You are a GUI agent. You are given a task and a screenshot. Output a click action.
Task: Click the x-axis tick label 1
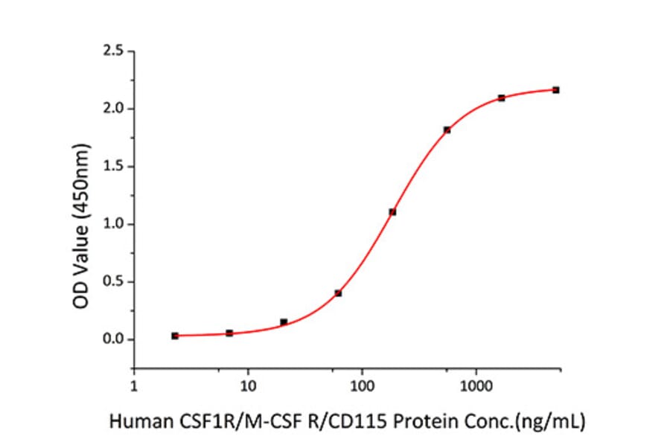[134, 385]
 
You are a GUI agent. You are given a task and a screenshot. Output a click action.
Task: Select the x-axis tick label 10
[248, 385]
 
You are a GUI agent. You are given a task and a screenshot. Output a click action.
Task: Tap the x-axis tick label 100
[362, 385]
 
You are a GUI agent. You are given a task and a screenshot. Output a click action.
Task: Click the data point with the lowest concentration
[175, 336]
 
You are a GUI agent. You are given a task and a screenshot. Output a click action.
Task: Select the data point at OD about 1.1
[392, 212]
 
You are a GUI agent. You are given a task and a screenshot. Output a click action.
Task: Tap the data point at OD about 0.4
[338, 293]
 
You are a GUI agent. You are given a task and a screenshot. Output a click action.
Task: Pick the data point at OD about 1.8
[447, 129]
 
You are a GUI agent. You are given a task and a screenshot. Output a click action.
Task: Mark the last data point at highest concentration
[556, 90]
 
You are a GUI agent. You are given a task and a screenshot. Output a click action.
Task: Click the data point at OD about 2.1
[501, 97]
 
